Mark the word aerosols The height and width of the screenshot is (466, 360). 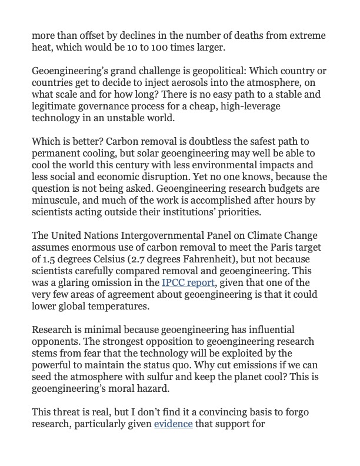(186, 84)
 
